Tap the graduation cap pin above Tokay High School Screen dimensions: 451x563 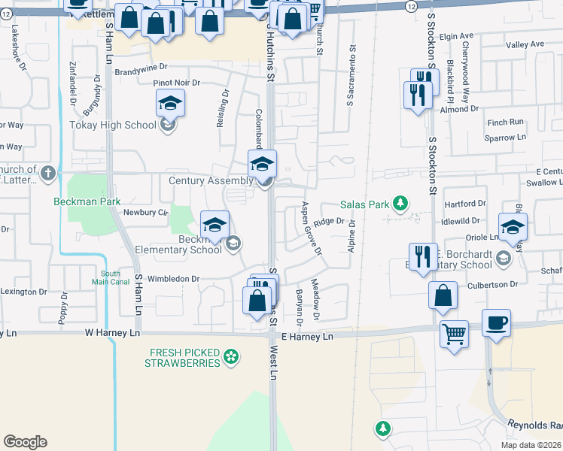(x=171, y=104)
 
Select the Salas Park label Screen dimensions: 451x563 (x=365, y=204)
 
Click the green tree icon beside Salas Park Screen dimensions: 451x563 (x=401, y=203)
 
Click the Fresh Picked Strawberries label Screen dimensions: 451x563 (x=184, y=357)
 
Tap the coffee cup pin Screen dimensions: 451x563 (x=495, y=324)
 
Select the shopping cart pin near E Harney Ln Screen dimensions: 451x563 (x=454, y=334)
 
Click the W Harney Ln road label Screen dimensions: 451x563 (x=113, y=331)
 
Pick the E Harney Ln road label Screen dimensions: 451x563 (x=306, y=337)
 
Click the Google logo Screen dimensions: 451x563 (x=25, y=441)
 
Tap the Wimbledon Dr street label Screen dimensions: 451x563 (x=173, y=278)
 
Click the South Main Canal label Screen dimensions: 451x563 (x=111, y=278)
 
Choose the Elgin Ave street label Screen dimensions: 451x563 (x=456, y=35)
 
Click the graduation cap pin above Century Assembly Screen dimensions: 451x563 (x=262, y=164)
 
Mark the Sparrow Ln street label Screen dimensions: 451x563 (x=505, y=138)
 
